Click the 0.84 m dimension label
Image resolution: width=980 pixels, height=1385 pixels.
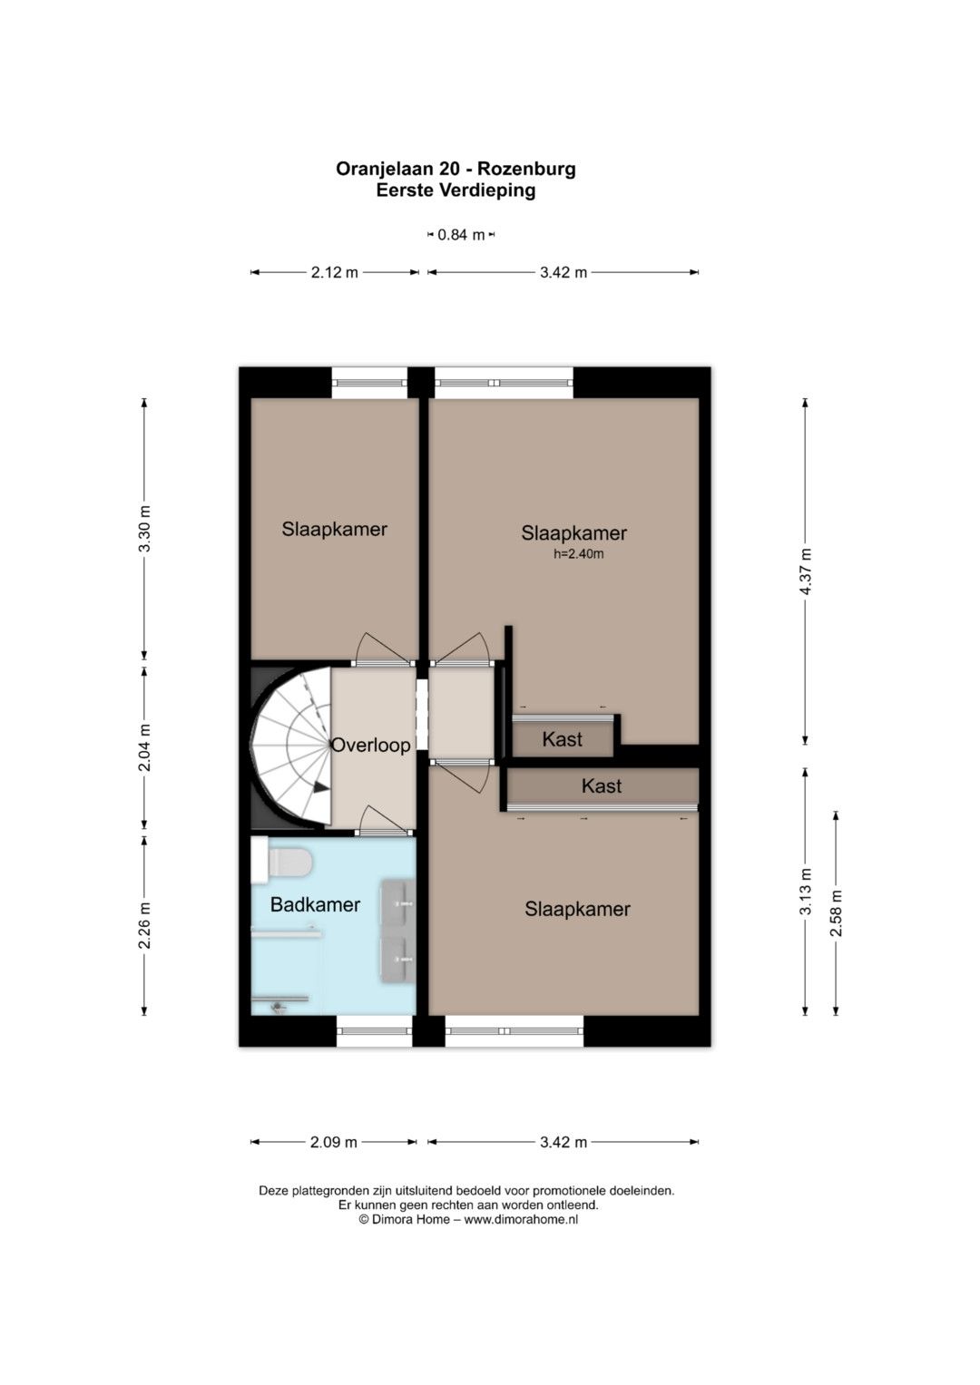point(461,235)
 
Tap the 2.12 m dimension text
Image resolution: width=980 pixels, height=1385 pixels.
point(334,273)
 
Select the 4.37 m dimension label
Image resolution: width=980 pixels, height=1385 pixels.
point(806,571)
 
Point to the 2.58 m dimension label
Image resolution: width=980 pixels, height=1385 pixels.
point(837,912)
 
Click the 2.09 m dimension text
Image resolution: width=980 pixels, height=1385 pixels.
point(334,1142)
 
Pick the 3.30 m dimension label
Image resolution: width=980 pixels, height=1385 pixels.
point(145,529)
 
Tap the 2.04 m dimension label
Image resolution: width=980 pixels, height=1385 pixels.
point(145,748)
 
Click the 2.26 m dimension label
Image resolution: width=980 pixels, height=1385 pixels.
point(145,925)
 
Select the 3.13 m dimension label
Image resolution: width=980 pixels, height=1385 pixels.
point(806,891)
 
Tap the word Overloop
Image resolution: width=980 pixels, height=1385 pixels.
point(370,745)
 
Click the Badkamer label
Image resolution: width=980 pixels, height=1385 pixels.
point(315,904)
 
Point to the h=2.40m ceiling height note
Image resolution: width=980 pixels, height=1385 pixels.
point(579,554)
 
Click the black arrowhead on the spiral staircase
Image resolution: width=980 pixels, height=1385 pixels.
point(320,787)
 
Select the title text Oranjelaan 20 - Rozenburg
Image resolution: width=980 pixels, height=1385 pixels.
point(456,169)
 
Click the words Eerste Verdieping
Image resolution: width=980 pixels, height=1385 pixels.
point(456,190)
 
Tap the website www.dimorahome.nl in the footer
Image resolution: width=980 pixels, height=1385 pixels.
point(521,1220)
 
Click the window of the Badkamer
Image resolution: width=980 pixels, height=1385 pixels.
point(374,1030)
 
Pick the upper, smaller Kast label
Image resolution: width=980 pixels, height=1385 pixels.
point(562,739)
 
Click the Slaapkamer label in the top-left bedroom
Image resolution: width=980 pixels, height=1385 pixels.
point(334,530)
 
